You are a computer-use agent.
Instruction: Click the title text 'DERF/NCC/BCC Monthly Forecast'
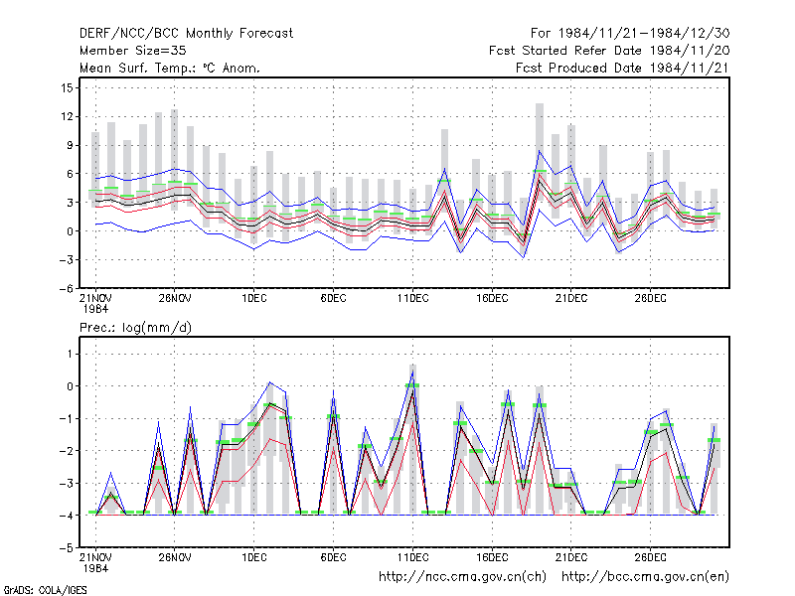[186, 34]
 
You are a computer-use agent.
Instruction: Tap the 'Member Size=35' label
[133, 51]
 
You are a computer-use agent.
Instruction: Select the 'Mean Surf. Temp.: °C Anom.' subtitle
[169, 68]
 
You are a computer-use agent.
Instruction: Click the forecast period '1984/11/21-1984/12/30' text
[644, 34]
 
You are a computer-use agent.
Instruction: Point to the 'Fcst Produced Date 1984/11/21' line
[623, 68]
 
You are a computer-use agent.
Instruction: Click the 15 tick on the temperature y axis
[67, 87]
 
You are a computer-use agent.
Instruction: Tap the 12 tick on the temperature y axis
[67, 116]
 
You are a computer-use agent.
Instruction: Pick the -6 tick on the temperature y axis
[66, 288]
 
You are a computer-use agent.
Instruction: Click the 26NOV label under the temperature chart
[175, 298]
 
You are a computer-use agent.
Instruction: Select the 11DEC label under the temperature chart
[412, 298]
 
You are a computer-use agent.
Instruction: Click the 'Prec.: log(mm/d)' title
[135, 328]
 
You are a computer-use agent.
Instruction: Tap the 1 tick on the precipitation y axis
[70, 354]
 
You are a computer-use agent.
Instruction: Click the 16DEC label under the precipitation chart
[492, 557]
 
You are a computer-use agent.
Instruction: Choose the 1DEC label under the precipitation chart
[254, 557]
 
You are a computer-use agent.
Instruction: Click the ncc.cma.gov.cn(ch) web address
[462, 577]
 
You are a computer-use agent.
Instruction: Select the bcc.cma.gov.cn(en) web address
[645, 577]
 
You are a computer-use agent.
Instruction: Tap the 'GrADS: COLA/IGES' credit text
[45, 590]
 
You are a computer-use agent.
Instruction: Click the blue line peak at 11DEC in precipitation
[412, 371]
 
